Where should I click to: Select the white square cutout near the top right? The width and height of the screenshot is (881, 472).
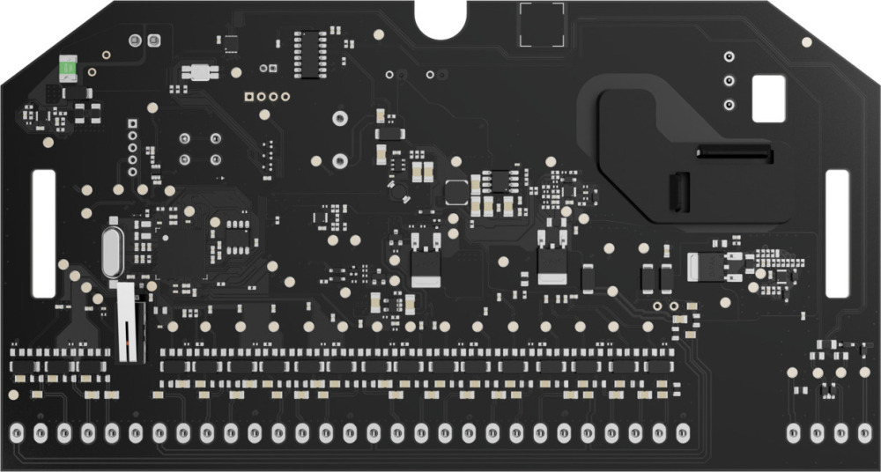767,98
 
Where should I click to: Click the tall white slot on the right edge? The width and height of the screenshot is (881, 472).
837,232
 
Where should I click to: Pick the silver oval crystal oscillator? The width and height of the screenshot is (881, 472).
111,251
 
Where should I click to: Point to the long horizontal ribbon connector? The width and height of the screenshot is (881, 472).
734,154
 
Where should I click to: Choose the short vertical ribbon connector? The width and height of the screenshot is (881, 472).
678,193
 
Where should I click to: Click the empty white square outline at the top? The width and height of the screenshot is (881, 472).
541,25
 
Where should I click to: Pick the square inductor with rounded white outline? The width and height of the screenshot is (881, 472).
456,189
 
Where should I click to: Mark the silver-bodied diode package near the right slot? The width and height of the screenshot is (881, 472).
704,264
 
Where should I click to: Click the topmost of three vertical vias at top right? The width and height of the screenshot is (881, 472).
729,57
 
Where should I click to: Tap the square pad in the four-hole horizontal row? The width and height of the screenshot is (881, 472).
249,97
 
